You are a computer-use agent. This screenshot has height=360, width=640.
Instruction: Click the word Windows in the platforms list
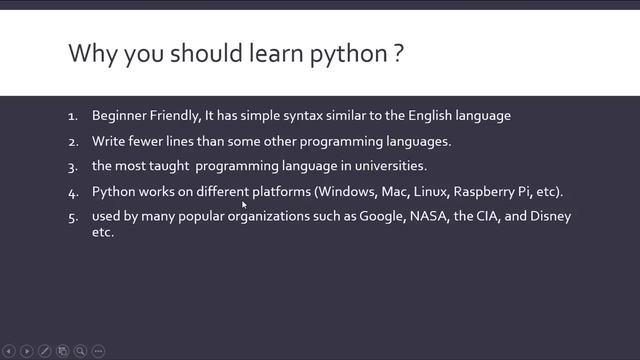[346, 191]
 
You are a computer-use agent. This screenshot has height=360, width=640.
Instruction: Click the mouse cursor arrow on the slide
[245, 205]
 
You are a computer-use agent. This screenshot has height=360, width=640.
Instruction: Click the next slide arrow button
[27, 351]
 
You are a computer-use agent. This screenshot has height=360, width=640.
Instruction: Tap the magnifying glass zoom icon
[80, 351]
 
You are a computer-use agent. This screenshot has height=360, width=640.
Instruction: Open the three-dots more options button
[98, 351]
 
